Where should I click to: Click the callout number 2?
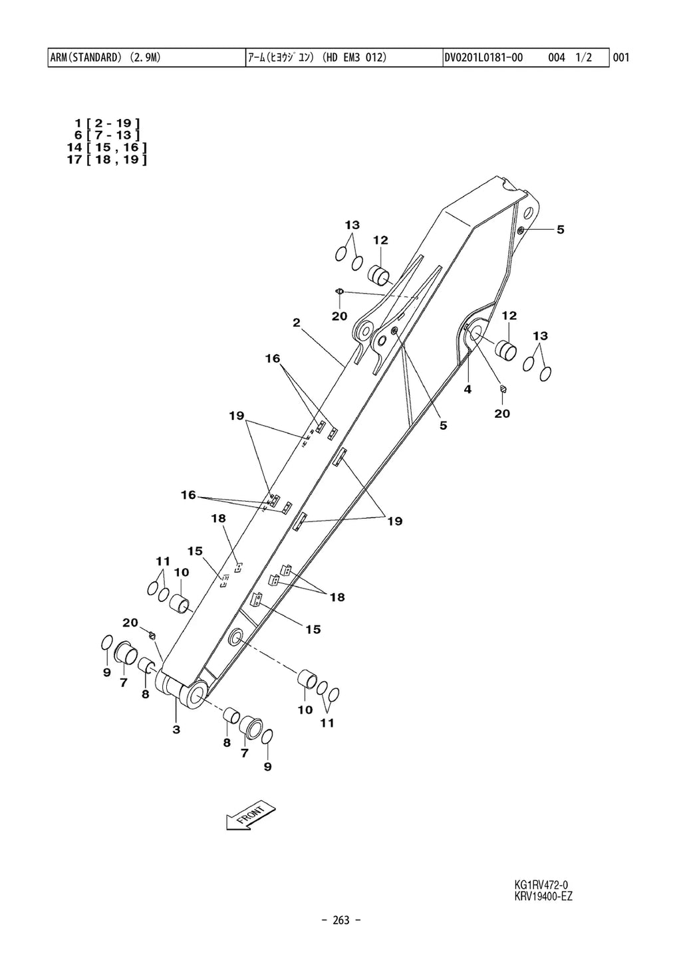(x=297, y=322)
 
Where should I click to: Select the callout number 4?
(x=468, y=389)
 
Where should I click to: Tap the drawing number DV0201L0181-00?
(x=483, y=58)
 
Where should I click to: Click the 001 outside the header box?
(x=620, y=58)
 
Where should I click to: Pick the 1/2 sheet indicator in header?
(x=583, y=58)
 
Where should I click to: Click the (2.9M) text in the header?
(x=144, y=58)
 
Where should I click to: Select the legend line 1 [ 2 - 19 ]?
(x=108, y=124)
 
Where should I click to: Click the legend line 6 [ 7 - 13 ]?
(x=108, y=136)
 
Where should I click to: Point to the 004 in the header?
(x=557, y=58)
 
